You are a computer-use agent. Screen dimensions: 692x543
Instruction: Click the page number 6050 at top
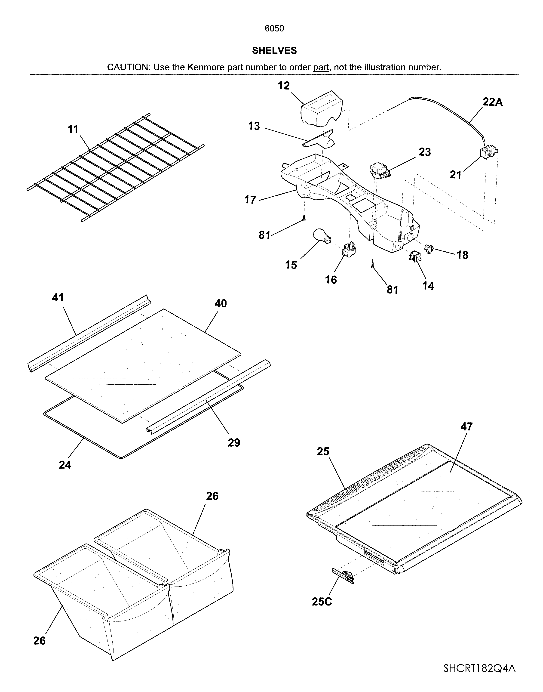click(274, 29)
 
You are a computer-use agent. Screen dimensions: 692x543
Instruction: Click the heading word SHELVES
click(274, 50)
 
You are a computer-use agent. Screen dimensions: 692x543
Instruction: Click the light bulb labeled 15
click(322, 236)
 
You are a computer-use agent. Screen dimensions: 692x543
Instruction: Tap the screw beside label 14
click(372, 266)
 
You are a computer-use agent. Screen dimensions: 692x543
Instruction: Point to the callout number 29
click(234, 442)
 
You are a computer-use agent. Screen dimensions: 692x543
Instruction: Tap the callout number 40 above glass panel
click(220, 303)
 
